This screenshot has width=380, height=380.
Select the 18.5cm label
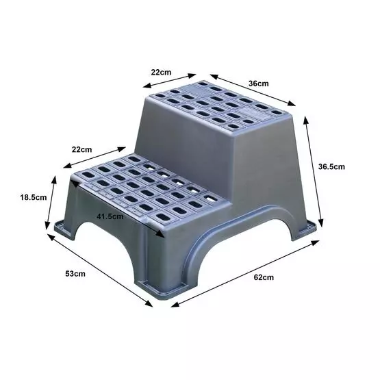click(x=31, y=197)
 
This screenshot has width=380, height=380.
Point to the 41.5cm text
click(x=110, y=216)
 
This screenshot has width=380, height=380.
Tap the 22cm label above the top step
click(x=162, y=72)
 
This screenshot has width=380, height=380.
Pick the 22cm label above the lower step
click(x=81, y=149)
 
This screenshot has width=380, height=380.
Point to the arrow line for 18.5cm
click(x=50, y=203)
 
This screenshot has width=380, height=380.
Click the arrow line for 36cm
click(x=253, y=90)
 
